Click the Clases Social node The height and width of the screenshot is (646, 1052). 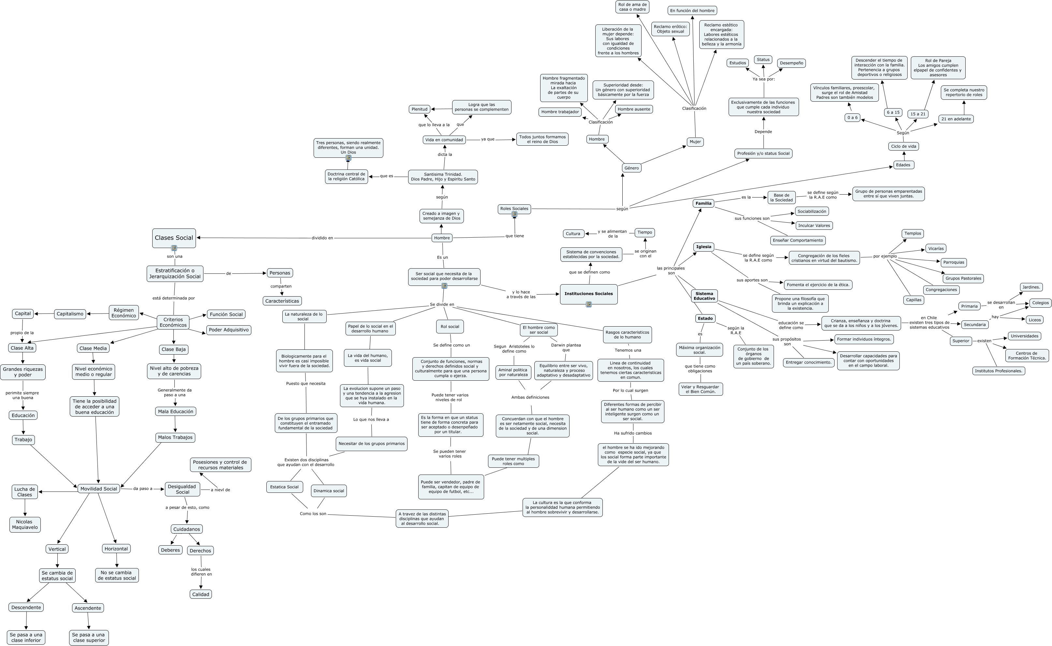coord(173,238)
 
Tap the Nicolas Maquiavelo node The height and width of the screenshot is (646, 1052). coord(25,524)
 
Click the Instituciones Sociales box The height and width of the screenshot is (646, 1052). coord(588,294)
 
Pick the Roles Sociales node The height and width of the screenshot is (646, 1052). coord(514,209)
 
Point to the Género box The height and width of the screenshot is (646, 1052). coord(631,168)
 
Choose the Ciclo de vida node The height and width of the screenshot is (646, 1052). coord(903,146)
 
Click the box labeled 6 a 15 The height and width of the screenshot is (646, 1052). coord(893,112)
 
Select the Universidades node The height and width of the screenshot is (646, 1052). coord(1024,336)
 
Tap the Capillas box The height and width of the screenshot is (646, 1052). coord(913,300)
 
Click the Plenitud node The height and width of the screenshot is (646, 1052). coord(419,109)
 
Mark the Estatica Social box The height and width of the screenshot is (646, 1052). coord(284,487)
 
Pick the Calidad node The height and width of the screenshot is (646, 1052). coord(200,594)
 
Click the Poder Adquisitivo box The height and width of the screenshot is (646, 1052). coord(229,330)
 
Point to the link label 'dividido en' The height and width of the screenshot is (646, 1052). coord(322,238)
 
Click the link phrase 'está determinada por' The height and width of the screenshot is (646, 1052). coord(173,298)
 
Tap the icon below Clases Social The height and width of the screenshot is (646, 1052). coord(174,248)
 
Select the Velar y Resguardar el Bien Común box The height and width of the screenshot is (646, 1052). coord(700,389)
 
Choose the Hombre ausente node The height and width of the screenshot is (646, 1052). coord(634,109)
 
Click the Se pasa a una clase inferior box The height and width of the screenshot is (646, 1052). coord(26,637)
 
